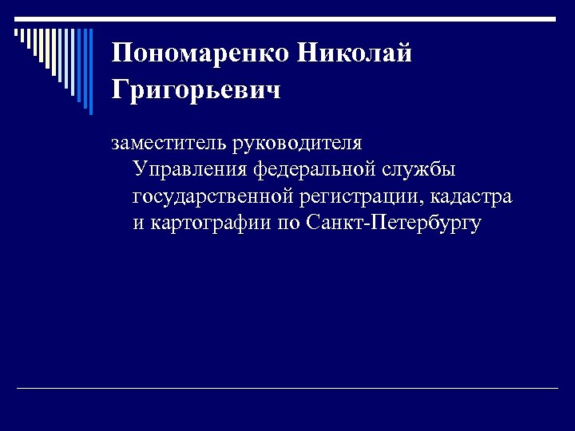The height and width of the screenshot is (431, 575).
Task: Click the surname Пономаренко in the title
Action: (x=199, y=53)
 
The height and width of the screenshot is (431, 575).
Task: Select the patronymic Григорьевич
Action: (x=196, y=90)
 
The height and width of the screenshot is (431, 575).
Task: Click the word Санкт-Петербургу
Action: (x=393, y=222)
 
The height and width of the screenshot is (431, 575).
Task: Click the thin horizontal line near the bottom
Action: (x=287, y=388)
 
